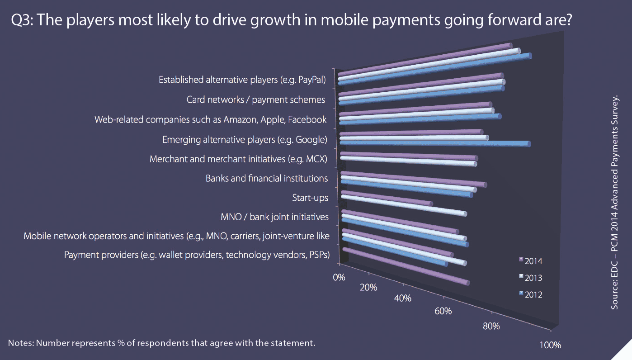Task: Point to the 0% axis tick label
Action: (x=339, y=277)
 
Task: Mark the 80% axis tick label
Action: (x=491, y=326)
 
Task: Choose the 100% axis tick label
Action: (x=550, y=345)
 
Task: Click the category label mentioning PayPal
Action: (x=242, y=80)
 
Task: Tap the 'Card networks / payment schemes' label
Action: (x=256, y=99)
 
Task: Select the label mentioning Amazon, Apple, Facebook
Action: (x=210, y=119)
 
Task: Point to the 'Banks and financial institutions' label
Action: (x=267, y=178)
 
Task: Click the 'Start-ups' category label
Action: (x=310, y=198)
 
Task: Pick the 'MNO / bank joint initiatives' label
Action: (x=274, y=217)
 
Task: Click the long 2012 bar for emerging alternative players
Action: (x=434, y=143)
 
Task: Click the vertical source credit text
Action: (x=615, y=202)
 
